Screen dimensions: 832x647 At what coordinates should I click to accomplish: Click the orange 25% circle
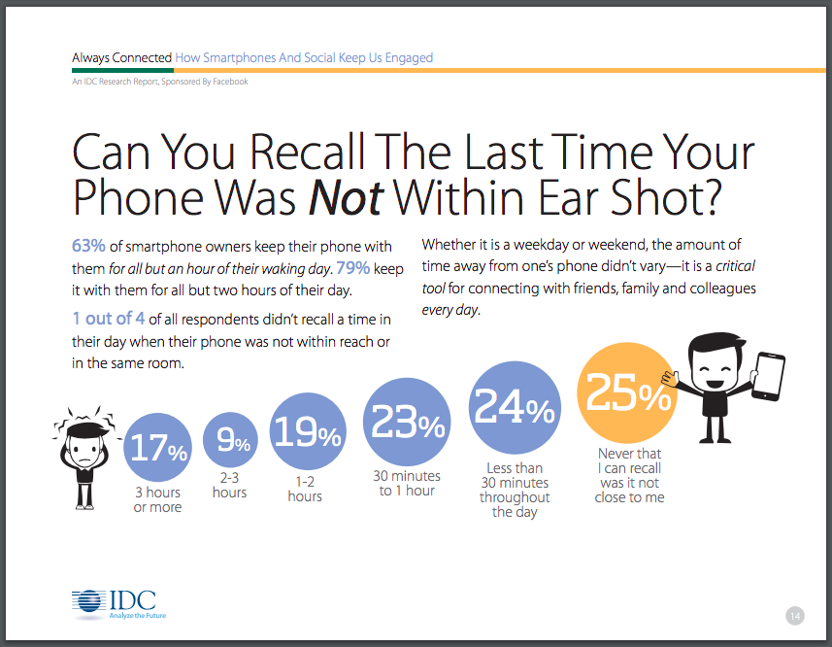click(x=626, y=392)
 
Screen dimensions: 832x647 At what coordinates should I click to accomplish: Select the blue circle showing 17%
click(x=157, y=448)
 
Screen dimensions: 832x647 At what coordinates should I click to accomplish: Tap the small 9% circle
click(x=230, y=440)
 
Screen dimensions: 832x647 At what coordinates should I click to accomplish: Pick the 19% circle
click(x=308, y=431)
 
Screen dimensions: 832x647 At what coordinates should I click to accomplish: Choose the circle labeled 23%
click(x=407, y=422)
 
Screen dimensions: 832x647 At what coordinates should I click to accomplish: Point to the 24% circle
click(x=515, y=408)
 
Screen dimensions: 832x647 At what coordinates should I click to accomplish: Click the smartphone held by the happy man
click(x=768, y=376)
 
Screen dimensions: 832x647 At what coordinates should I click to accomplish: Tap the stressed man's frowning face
click(x=84, y=451)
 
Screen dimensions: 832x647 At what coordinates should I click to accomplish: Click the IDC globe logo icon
click(x=88, y=602)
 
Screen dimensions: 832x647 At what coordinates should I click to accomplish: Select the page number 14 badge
click(x=795, y=616)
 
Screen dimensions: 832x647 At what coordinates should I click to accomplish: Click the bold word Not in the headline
click(x=346, y=198)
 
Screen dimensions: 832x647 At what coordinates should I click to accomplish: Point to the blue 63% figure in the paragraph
click(x=88, y=246)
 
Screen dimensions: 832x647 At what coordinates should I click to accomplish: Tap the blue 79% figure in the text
click(x=352, y=267)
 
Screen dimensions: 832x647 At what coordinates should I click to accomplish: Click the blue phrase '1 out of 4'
click(x=108, y=319)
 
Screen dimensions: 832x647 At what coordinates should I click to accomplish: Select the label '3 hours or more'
click(x=157, y=500)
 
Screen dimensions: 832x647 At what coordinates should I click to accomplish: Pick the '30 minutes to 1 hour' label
click(x=407, y=484)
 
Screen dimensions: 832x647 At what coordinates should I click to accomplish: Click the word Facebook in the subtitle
click(x=230, y=82)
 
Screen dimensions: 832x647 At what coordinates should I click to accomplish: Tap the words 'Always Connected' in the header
click(x=122, y=57)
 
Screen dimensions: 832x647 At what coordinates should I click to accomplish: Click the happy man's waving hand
click(x=669, y=379)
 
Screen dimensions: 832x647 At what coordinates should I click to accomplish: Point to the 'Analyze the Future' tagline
click(x=138, y=616)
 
